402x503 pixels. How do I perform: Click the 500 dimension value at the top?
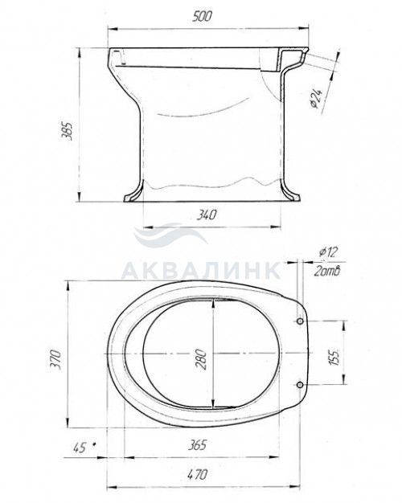[202, 16]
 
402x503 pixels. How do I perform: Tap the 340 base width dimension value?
[207, 215]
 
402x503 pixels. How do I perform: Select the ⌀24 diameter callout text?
[316, 98]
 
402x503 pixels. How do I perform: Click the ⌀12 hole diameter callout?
[329, 252]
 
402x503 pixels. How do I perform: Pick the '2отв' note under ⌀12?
[326, 272]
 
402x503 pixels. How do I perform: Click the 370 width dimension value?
[55, 360]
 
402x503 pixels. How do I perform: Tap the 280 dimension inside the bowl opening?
[201, 359]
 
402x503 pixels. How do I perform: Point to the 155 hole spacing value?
[334, 357]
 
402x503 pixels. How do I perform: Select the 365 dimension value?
[196, 444]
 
